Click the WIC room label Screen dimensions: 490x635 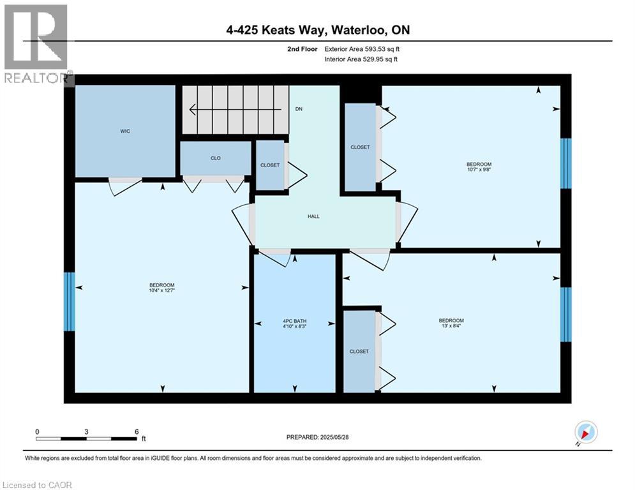[x=125, y=131]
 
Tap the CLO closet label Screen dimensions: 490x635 [x=216, y=158]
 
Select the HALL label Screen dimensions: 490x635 [x=313, y=216]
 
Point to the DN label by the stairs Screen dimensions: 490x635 [x=298, y=109]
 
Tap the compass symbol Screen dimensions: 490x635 [x=585, y=432]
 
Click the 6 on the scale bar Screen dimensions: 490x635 [x=137, y=431]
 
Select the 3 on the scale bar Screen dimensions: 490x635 [x=86, y=431]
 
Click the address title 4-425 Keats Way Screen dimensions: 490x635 [x=317, y=31]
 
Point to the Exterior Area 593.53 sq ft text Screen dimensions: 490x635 [x=362, y=48]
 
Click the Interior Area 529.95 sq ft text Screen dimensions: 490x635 [x=362, y=59]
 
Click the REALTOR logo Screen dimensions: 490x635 [x=36, y=45]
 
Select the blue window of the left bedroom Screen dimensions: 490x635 [x=69, y=302]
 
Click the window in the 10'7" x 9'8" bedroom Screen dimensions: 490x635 [x=565, y=163]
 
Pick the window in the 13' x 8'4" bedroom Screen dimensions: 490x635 [x=565, y=315]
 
